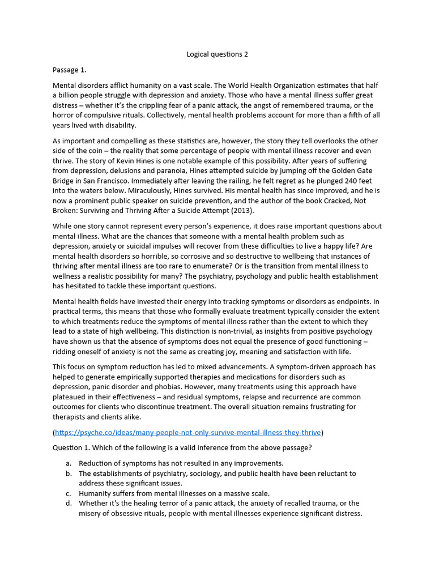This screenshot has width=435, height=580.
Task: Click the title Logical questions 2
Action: [x=217, y=54]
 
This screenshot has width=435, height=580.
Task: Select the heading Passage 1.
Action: [x=69, y=70]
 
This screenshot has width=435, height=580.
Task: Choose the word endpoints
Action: [x=351, y=301]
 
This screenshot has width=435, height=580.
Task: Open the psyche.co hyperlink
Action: [x=187, y=433]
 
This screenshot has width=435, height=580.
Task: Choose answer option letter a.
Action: [x=69, y=463]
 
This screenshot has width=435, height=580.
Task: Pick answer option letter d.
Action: [x=69, y=504]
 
